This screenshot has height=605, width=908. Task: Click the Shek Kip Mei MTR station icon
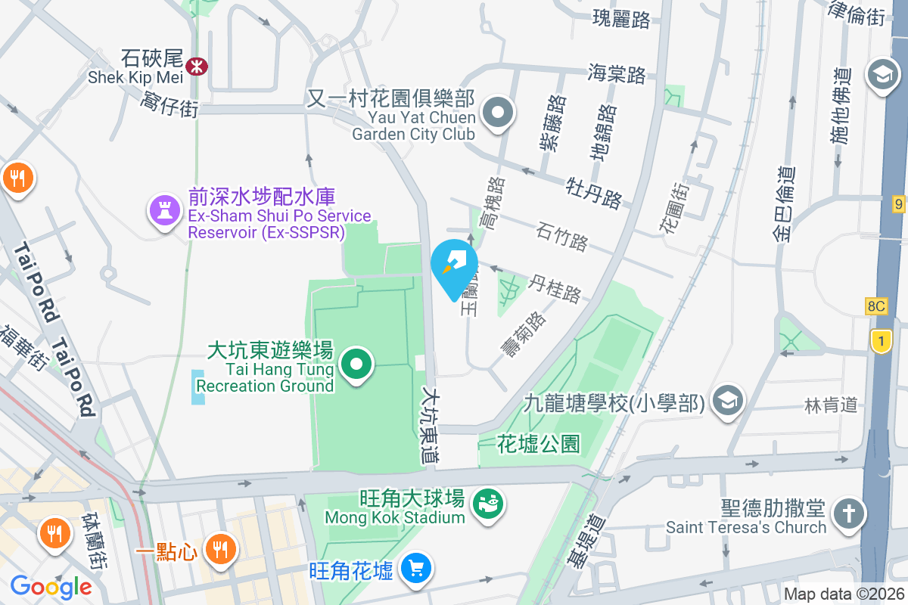pos(197,67)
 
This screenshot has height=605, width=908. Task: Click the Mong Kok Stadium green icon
pos(487,504)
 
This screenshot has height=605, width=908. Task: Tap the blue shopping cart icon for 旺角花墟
pos(415,568)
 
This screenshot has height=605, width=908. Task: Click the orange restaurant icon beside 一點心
pos(221,548)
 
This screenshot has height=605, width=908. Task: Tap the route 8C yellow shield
pos(876,306)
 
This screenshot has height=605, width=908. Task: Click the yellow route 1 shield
pos(880,341)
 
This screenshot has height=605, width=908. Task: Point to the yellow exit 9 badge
pos(898,203)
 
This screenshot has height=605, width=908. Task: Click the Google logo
pos(51,587)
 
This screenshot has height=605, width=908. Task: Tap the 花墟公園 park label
pos(539,444)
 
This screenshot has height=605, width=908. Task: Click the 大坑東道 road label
pos(431,426)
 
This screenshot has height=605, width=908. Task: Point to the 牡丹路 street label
pos(594,192)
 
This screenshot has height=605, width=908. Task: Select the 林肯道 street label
pos(831,405)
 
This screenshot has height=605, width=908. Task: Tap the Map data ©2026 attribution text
pos(844,594)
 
